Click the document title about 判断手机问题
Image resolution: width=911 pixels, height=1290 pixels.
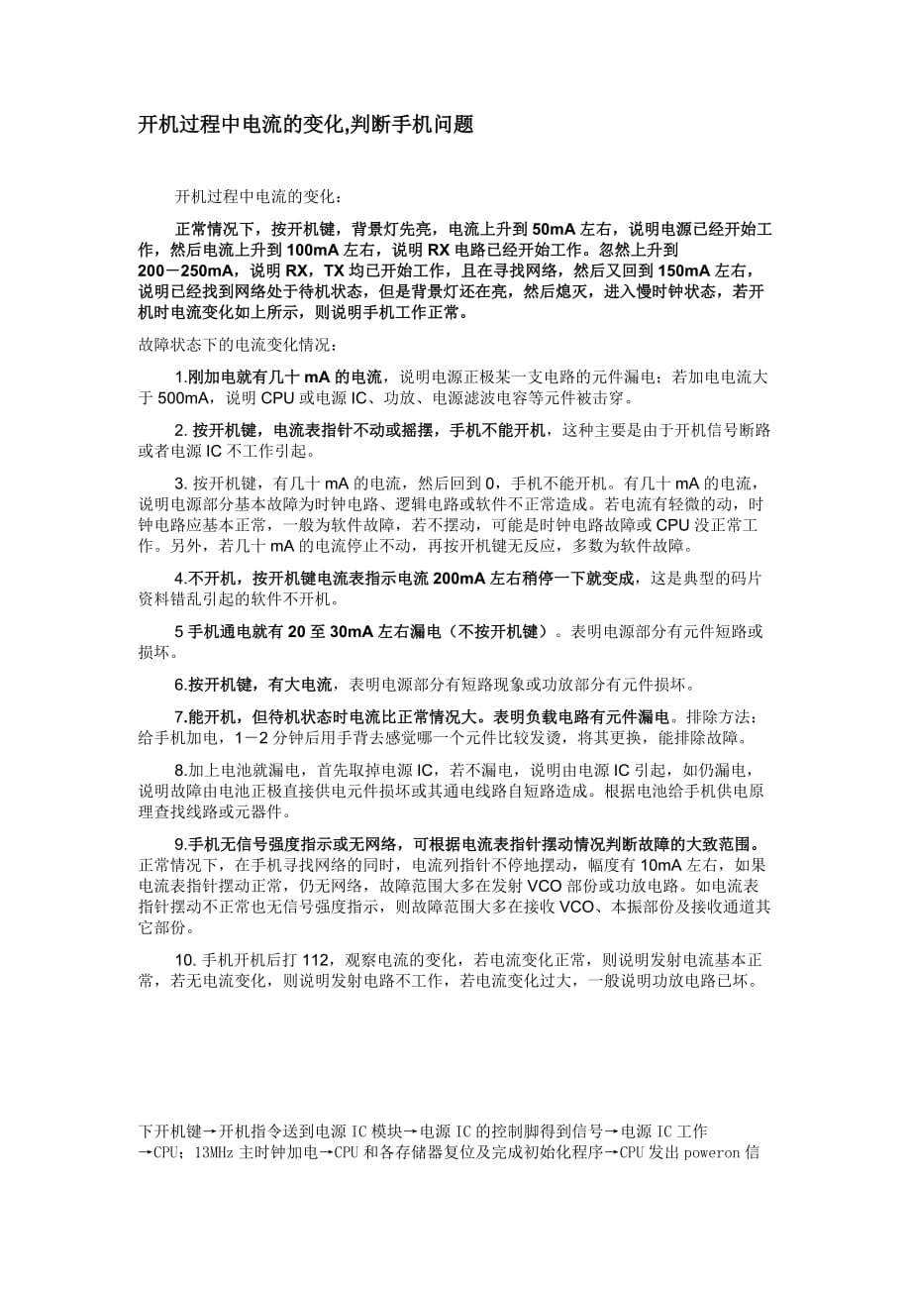pyautogui.click(x=305, y=125)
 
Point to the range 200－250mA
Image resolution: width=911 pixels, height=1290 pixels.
pyautogui.click(x=188, y=269)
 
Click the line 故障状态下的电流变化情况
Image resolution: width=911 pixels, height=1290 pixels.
pyautogui.click(x=238, y=346)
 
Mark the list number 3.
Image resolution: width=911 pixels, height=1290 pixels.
pyautogui.click(x=180, y=483)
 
